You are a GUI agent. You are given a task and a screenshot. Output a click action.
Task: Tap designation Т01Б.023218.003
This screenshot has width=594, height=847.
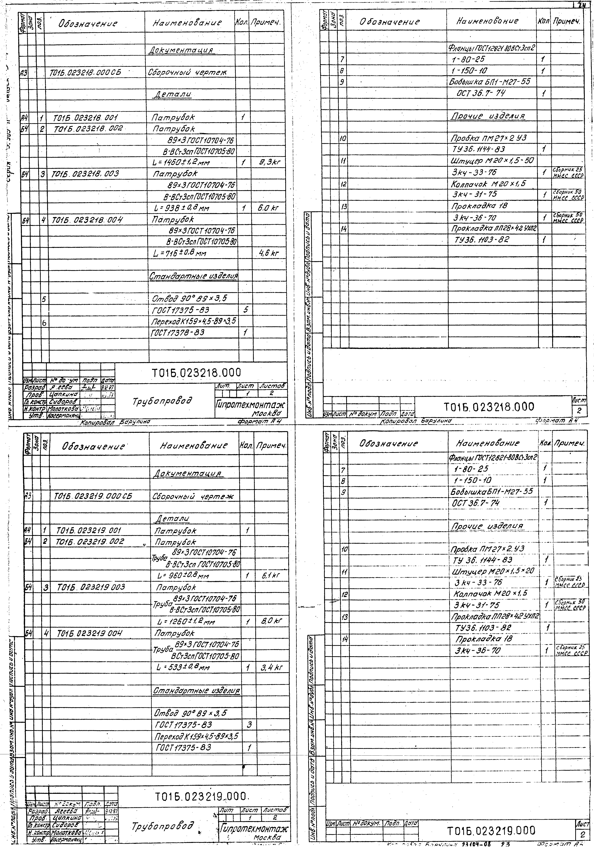click(x=86, y=174)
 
